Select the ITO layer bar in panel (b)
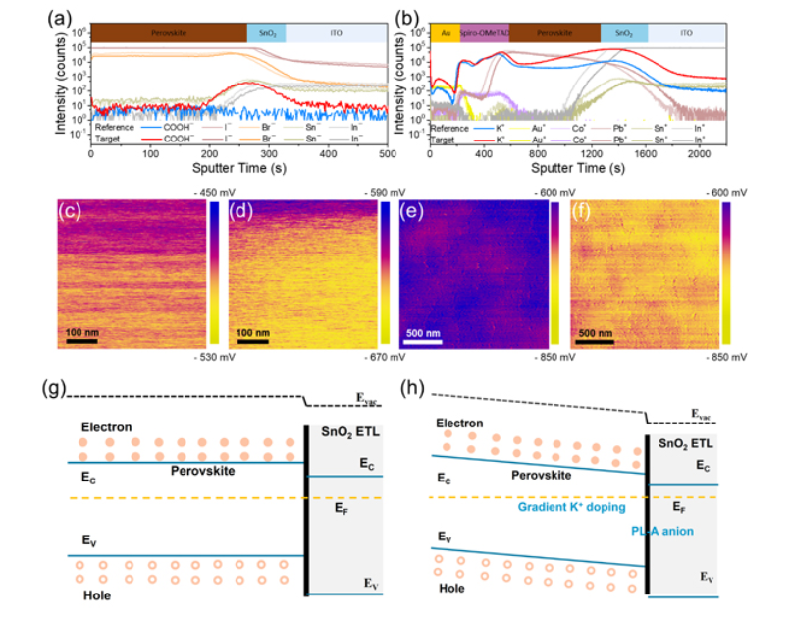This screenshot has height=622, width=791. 685,33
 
